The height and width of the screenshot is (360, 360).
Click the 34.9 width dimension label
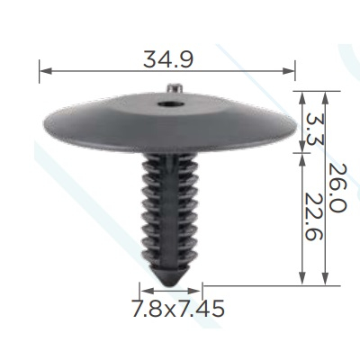point(168,59)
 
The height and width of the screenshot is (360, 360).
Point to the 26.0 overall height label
point(337,188)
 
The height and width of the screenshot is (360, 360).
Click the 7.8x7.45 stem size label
point(178,308)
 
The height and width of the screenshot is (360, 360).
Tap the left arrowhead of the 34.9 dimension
point(46,71)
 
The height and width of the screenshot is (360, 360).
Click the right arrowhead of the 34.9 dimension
point(289,71)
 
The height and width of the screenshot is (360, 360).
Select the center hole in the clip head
point(168,104)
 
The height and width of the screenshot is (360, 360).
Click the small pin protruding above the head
point(175,89)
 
